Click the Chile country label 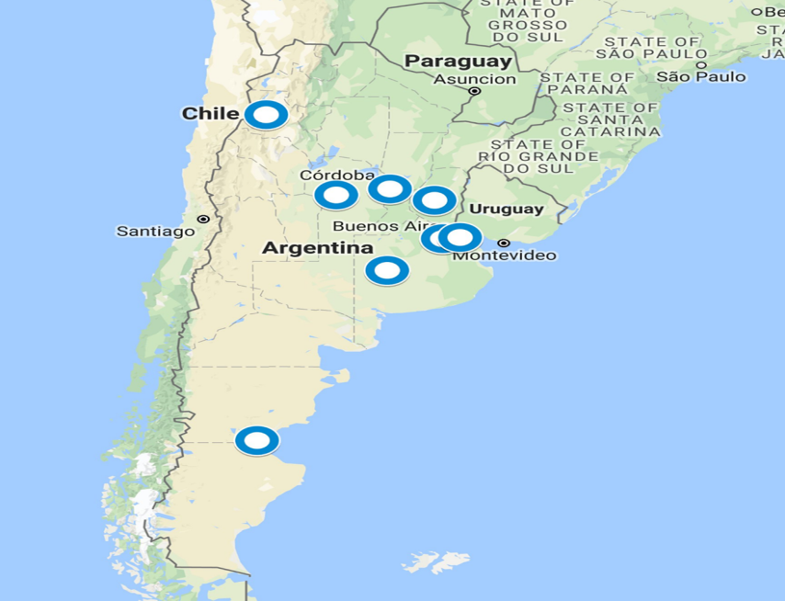[x=210, y=114]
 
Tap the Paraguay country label [x=458, y=61]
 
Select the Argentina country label [x=317, y=248]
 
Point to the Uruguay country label [x=506, y=209]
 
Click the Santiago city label [x=155, y=231]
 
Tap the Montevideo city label [x=504, y=255]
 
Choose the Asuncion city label [x=474, y=79]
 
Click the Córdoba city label [x=336, y=176]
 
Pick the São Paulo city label [x=700, y=75]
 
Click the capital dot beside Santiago [x=203, y=220]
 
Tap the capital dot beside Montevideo [x=503, y=243]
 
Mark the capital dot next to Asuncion [x=474, y=92]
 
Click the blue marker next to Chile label [x=266, y=116]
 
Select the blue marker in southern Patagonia [x=256, y=441]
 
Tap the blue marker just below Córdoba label [x=336, y=195]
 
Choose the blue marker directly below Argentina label [x=387, y=271]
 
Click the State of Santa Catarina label [x=610, y=119]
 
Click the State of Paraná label [x=586, y=84]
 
